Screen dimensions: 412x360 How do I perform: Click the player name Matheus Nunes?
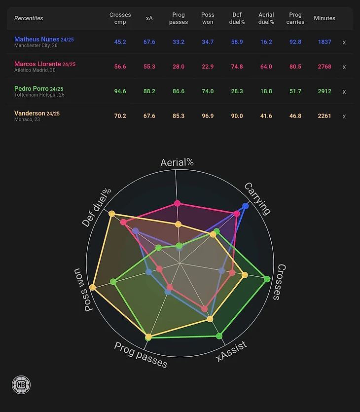[x=37, y=39]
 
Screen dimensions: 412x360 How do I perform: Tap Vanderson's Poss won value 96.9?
[x=208, y=116]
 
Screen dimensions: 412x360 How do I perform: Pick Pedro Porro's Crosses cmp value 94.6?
[x=120, y=91]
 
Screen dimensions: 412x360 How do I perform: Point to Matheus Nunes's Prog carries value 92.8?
[x=295, y=42]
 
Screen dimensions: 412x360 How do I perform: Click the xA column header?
[x=149, y=18]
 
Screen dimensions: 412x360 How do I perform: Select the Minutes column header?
[x=324, y=18]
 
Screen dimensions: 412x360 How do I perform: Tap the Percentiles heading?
[x=29, y=18]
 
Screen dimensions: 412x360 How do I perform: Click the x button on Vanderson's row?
[x=344, y=116]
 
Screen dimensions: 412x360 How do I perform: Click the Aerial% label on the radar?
[x=177, y=162]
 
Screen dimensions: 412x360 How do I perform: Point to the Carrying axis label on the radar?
[x=258, y=198]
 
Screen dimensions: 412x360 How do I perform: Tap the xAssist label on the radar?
[x=232, y=351]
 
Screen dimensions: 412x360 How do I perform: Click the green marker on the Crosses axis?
[x=267, y=279]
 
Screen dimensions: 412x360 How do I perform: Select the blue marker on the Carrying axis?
[x=246, y=206]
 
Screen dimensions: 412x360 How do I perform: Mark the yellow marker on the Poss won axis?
[x=92, y=287]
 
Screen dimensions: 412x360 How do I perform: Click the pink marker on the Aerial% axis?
[x=178, y=203]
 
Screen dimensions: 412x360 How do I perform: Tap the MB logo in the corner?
[x=21, y=385]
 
